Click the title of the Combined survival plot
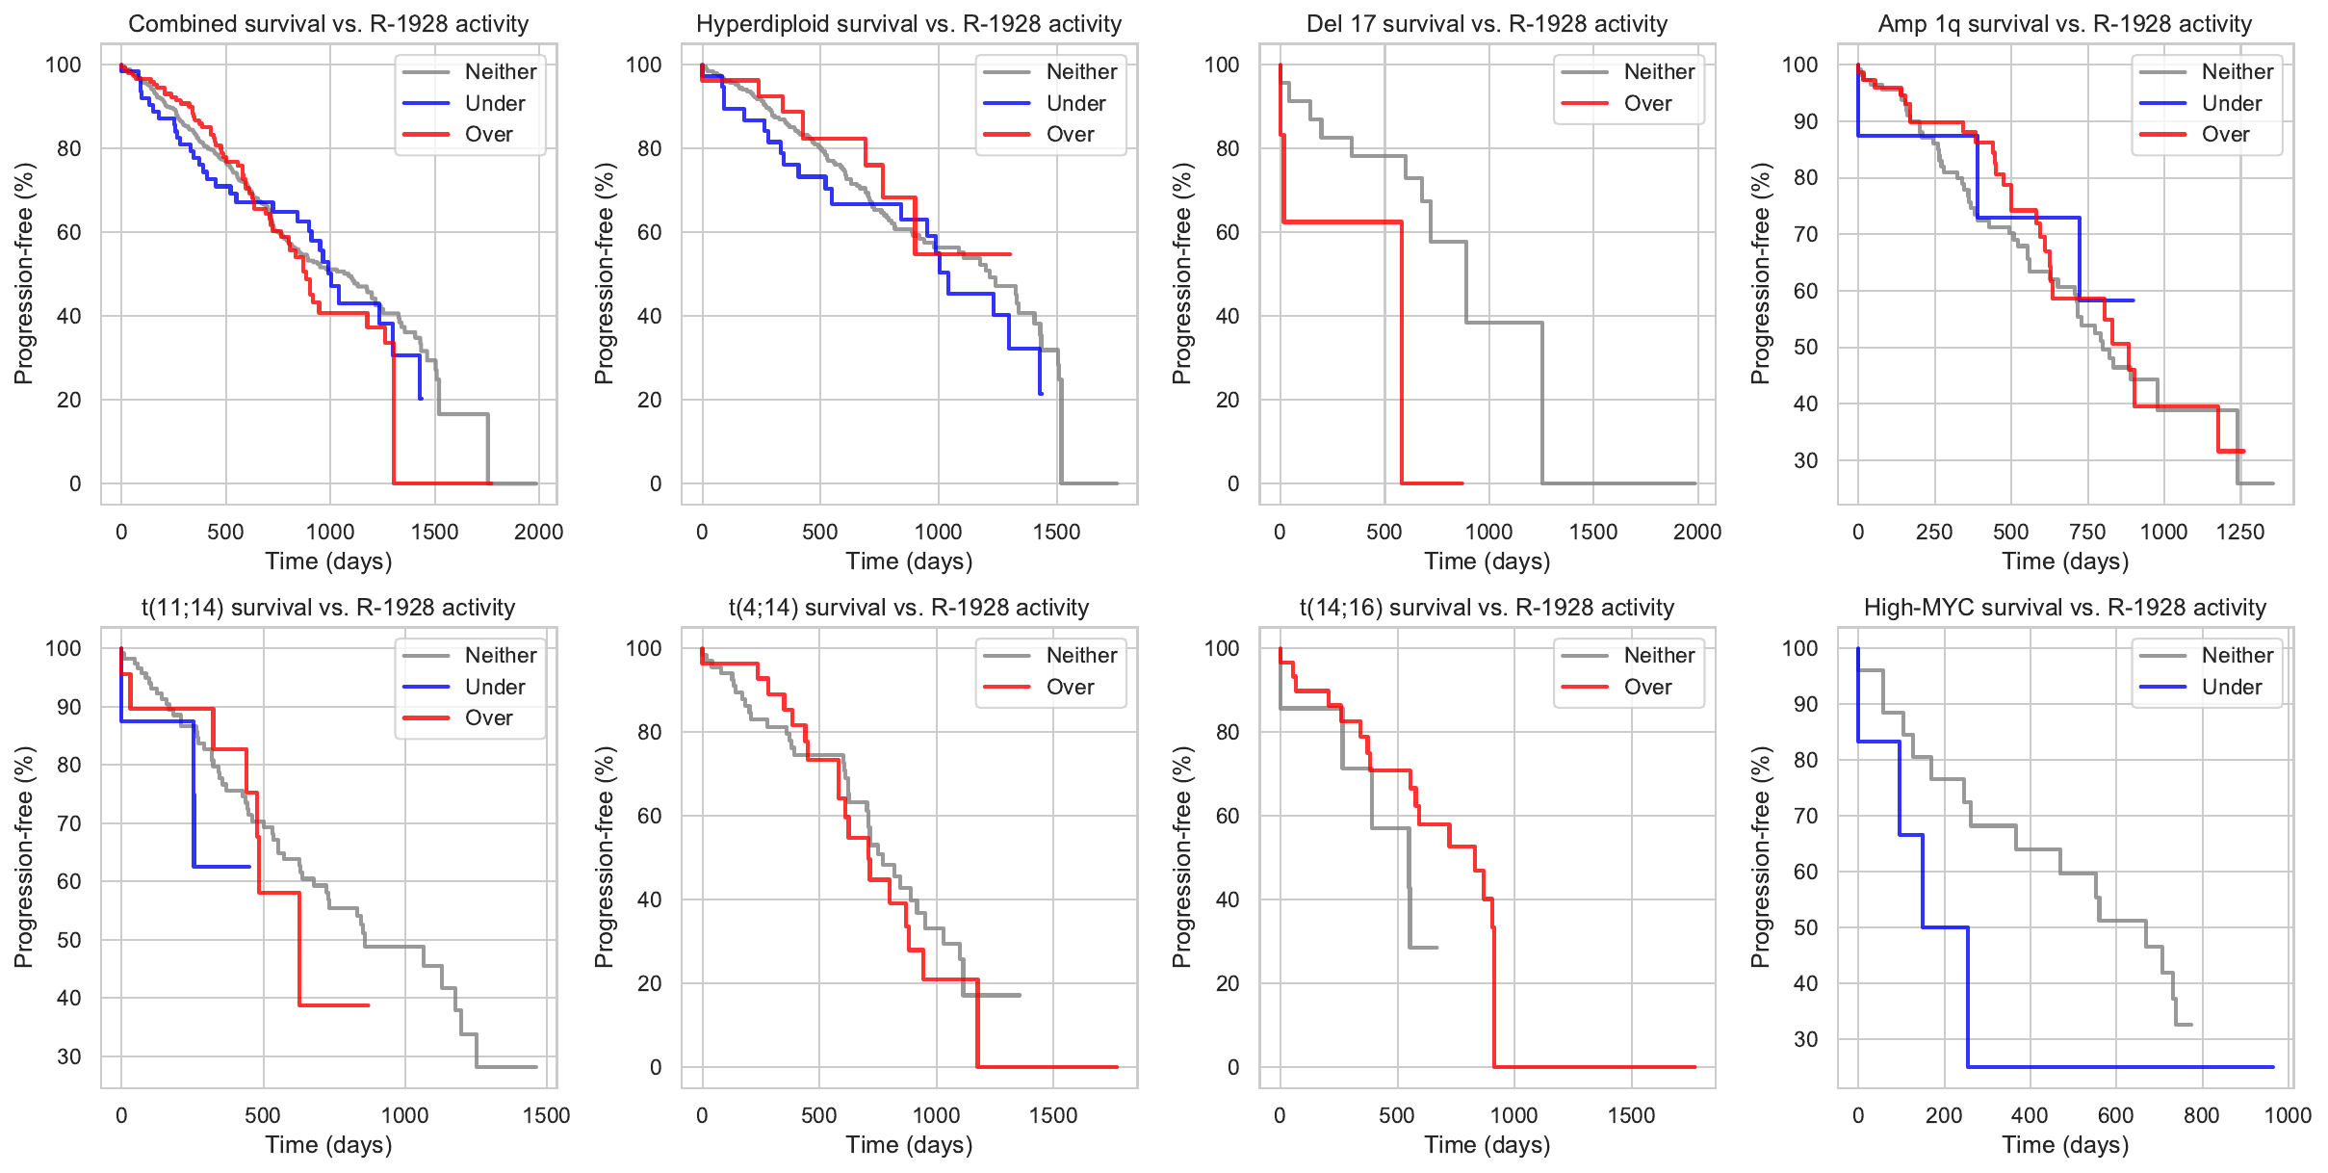328,24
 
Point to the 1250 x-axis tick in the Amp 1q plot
2239,532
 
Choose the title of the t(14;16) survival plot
1487,608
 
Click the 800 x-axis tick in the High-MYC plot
2201,1115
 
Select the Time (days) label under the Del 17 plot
1487,561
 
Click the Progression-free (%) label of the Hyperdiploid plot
604,274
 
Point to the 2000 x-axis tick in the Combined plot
538,532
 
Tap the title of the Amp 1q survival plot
2064,24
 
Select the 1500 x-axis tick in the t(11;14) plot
546,1115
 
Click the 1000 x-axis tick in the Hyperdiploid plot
938,532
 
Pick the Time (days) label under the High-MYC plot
2064,1145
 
